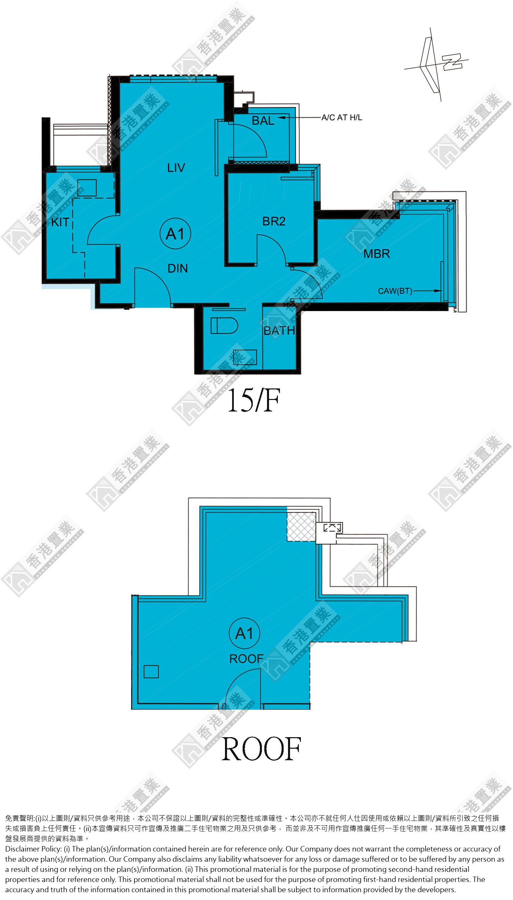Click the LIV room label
176,168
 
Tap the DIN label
178,268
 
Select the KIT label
60,222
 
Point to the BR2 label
274,221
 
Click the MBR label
377,253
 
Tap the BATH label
280,330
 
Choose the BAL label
263,121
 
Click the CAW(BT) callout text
395,291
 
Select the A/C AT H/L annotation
342,117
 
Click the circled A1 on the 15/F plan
176,233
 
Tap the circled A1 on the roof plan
245,633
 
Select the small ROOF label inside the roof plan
246,659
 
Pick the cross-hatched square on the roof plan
301,526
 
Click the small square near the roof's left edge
151,671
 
